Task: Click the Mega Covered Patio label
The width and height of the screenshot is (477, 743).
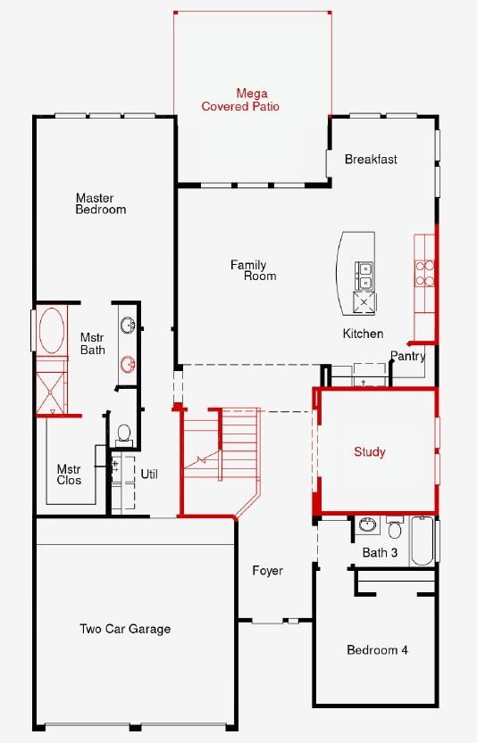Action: click(240, 100)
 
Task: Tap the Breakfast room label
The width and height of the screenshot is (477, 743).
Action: click(371, 159)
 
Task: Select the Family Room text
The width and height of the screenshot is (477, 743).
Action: click(253, 270)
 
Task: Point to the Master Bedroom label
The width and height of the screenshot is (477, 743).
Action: click(101, 203)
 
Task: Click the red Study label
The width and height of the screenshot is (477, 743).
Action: click(369, 452)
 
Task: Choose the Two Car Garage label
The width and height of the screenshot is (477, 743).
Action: click(125, 629)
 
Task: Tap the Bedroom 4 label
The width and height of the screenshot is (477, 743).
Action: click(377, 649)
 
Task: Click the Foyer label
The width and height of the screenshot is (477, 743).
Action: click(268, 571)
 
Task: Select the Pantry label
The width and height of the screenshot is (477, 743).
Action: click(407, 356)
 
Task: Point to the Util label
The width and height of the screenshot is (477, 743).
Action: click(149, 474)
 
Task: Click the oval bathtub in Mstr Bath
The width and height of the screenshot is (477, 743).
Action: click(52, 330)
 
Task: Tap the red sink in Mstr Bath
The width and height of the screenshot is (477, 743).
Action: click(128, 364)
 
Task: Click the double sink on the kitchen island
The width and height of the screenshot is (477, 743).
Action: click(364, 276)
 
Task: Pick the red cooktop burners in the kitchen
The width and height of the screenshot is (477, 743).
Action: click(425, 273)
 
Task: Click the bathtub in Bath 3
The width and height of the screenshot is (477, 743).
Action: click(422, 541)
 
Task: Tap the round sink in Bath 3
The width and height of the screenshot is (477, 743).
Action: click(368, 524)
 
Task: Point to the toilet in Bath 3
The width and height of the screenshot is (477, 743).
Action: click(395, 528)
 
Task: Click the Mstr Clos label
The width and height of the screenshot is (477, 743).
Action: click(70, 475)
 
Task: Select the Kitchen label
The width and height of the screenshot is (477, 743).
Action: click(363, 334)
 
